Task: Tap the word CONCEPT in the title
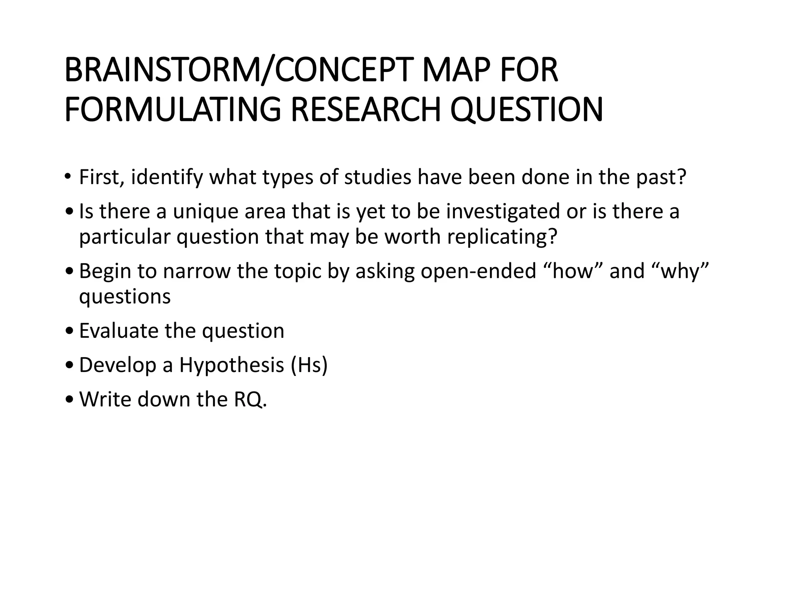click(x=342, y=70)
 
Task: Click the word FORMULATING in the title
click(x=173, y=110)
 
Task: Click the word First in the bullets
click(x=102, y=177)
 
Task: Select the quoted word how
click(x=572, y=271)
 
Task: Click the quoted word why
click(x=680, y=271)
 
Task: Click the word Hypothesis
click(x=232, y=365)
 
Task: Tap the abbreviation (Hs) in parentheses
click(x=309, y=365)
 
